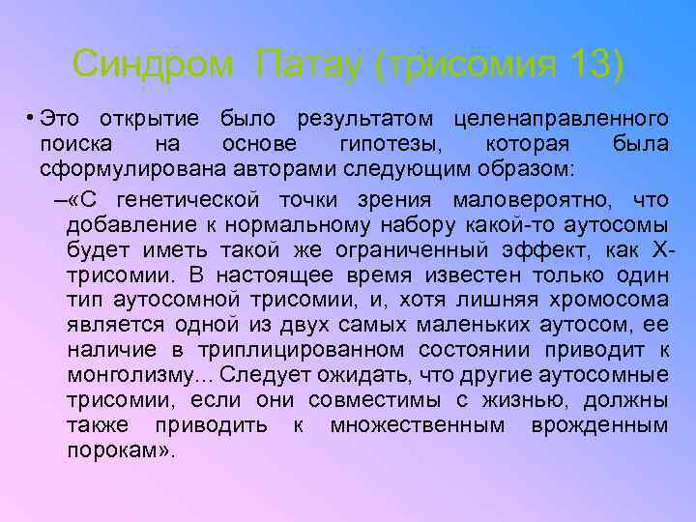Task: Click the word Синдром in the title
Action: pyautogui.click(x=154, y=65)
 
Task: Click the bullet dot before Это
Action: pyautogui.click(x=31, y=119)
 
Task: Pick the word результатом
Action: pyautogui.click(x=366, y=120)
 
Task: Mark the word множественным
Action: pyautogui.click(x=417, y=425)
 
